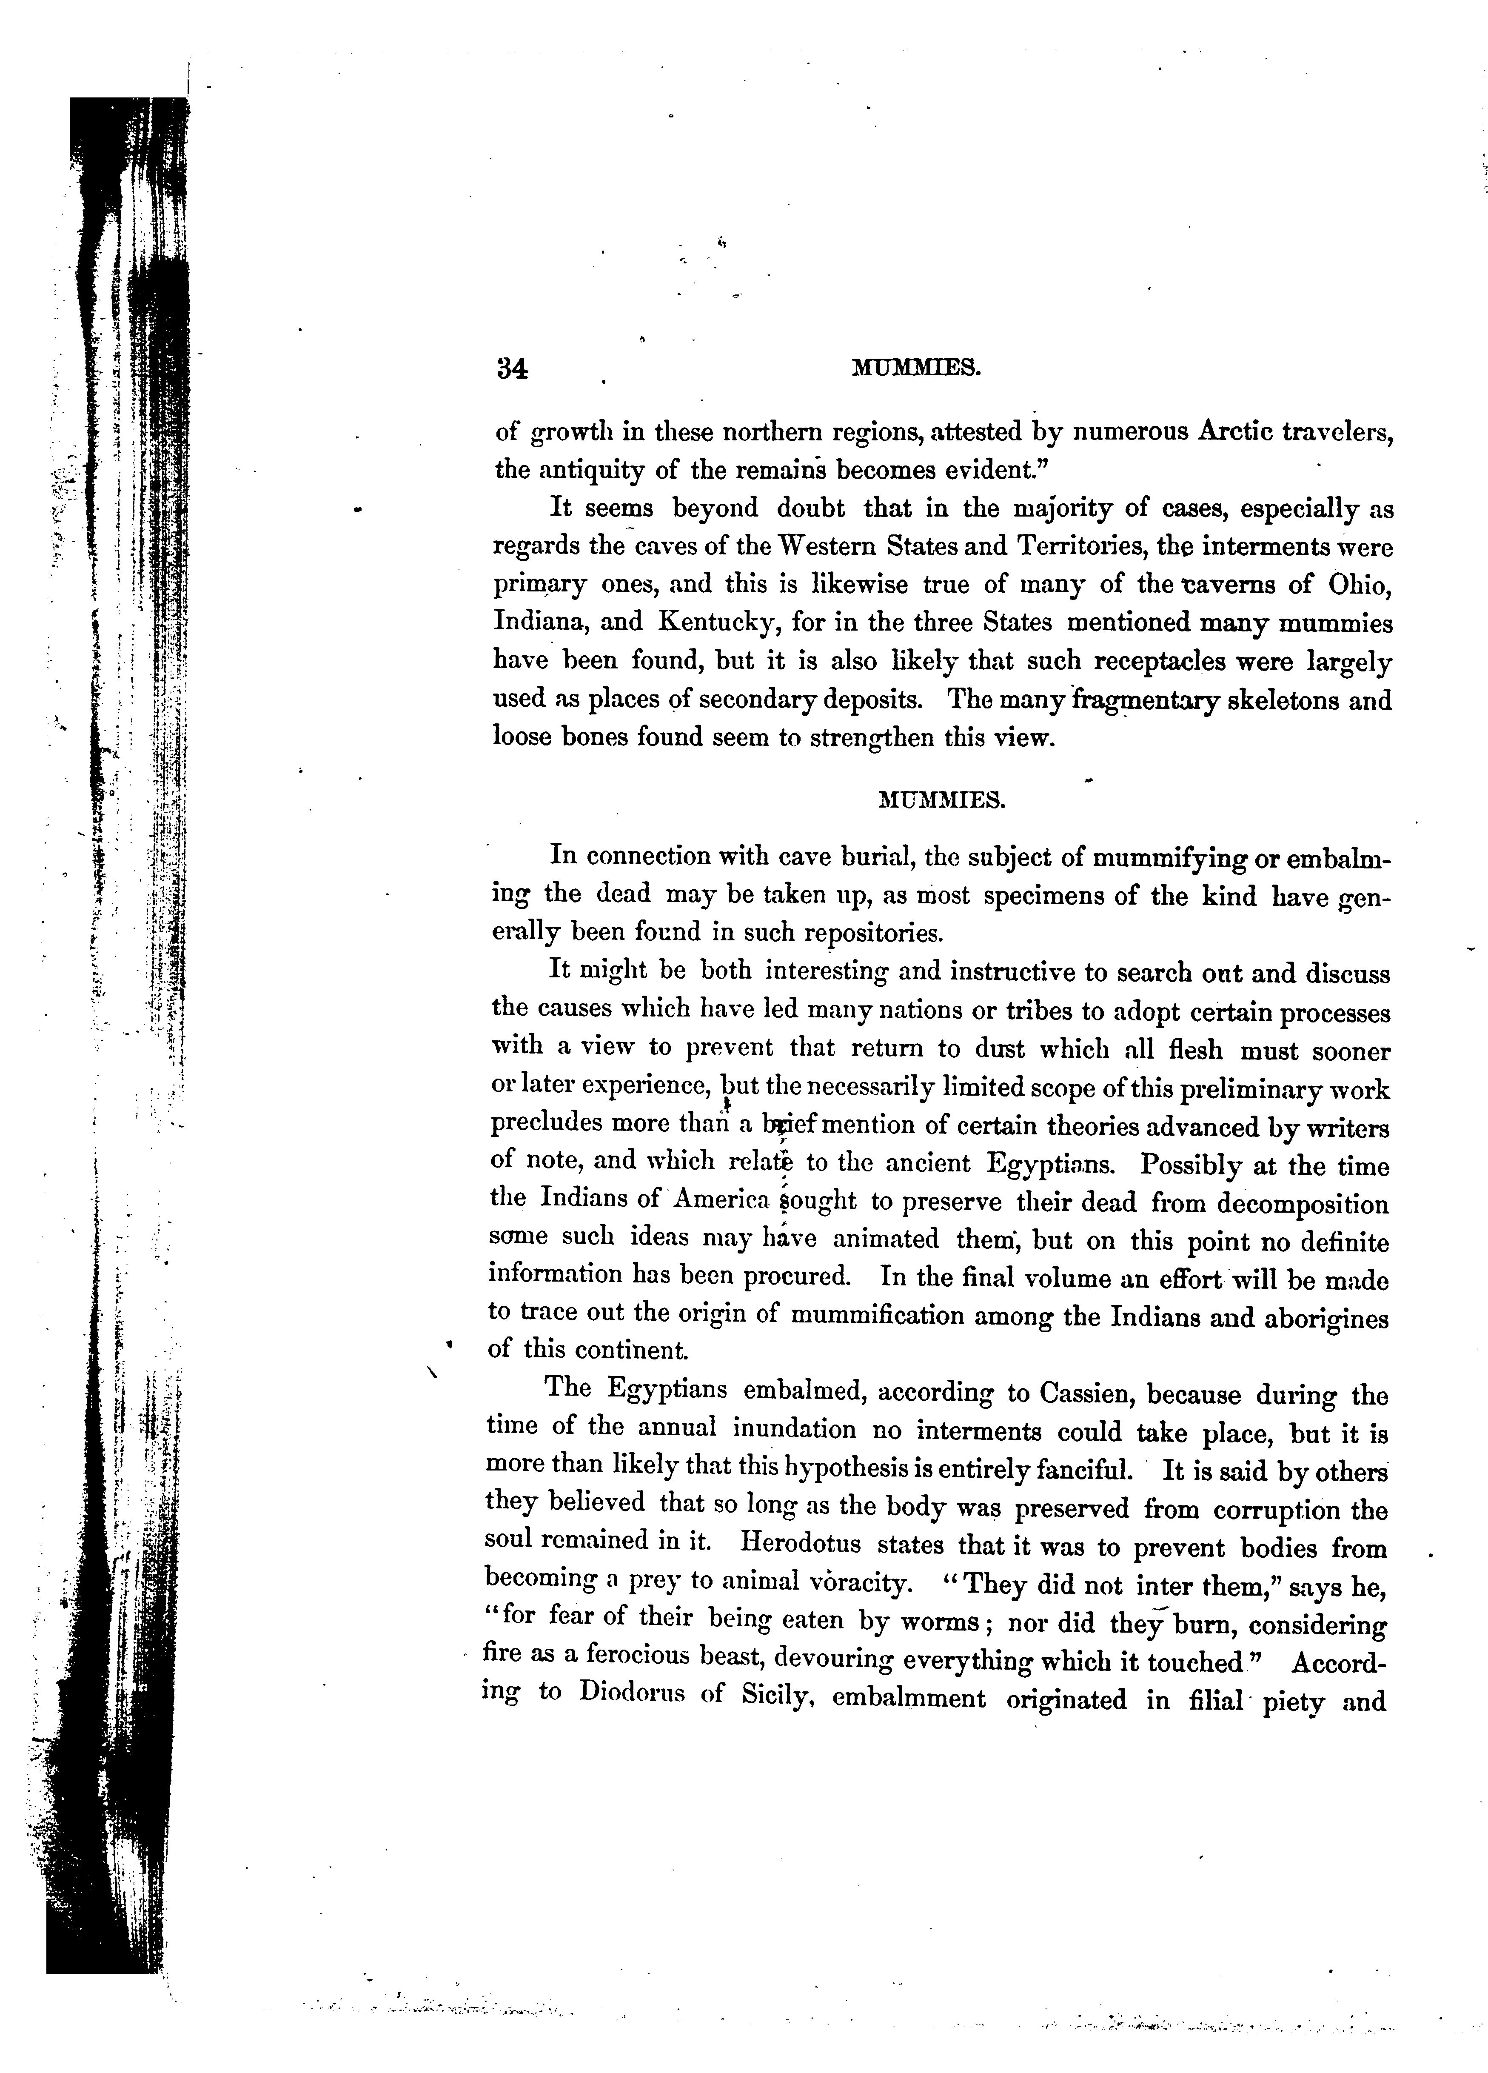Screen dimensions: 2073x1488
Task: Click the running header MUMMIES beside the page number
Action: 916,368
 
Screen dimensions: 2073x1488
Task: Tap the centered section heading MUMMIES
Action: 941,801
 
